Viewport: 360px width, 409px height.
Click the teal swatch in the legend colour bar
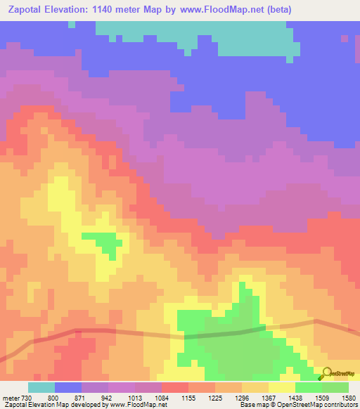[x=41, y=388]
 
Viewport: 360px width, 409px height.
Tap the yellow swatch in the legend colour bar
[x=282, y=388]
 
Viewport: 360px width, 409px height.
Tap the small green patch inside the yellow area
[x=101, y=242]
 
